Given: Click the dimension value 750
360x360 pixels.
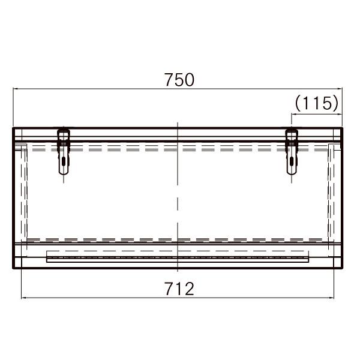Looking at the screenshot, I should pos(179,80).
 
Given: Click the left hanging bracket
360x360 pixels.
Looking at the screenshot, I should pos(64,151).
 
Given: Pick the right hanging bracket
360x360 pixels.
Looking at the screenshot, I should pos(292,151).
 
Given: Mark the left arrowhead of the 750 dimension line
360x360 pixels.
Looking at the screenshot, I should pos(14,89).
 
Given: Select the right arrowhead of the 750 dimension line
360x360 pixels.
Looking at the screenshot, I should pos(341,89).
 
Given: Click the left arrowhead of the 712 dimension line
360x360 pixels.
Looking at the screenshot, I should pos(23,298).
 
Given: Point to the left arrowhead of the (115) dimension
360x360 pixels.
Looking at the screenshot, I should pos(293,113).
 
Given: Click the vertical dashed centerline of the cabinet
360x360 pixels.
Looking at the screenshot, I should pos(178,192).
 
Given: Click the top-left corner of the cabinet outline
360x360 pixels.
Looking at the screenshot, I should pos(13,128).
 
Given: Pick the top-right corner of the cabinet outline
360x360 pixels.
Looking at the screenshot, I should pos(342,128).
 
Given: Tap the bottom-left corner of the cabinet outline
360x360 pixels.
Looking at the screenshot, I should pos(13,268).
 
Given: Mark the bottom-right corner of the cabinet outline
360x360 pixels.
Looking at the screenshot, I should pos(342,268).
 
